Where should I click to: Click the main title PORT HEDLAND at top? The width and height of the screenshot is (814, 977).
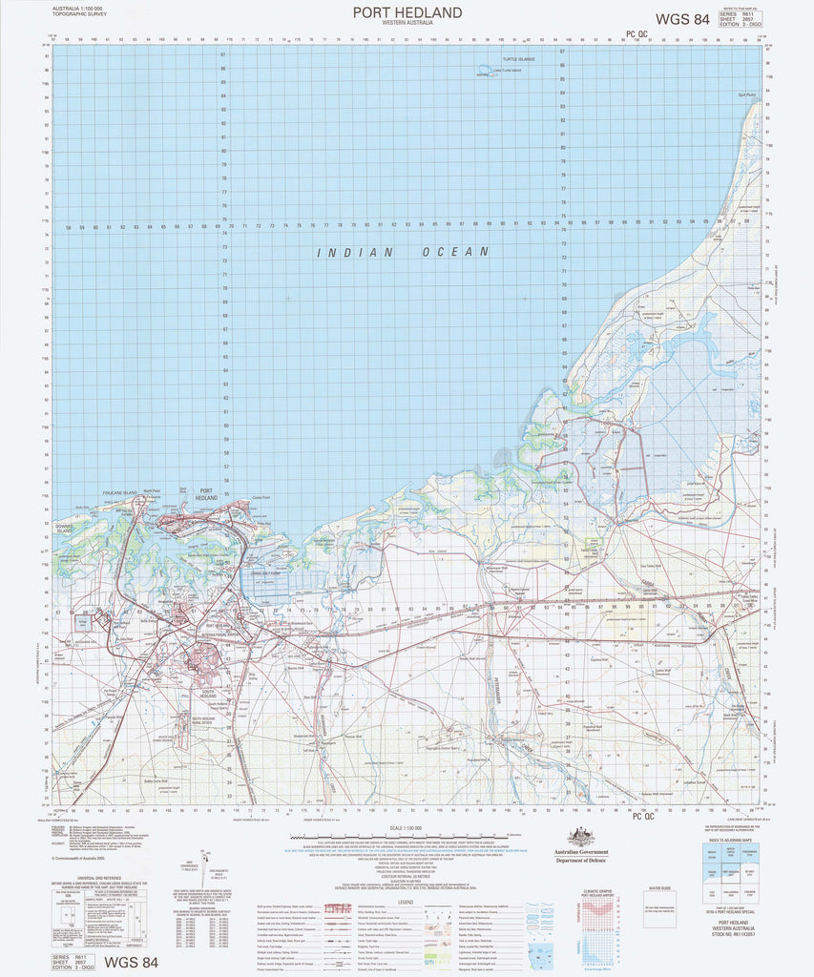(407, 11)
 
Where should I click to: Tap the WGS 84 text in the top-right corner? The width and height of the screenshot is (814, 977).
(681, 19)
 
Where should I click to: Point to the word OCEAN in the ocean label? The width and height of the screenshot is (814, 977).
(458, 252)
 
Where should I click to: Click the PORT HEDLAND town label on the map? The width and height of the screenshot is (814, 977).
(206, 495)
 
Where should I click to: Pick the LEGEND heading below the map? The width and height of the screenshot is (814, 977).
(406, 901)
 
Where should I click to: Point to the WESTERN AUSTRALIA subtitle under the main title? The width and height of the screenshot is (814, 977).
(407, 22)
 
